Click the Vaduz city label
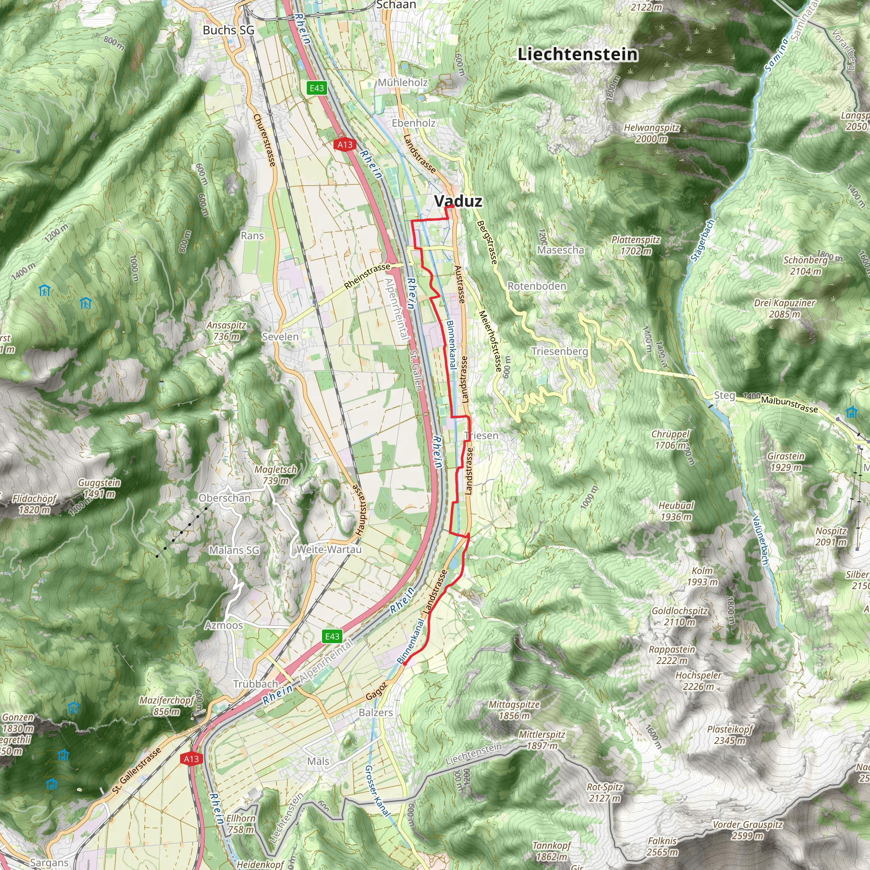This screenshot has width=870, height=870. (458, 201)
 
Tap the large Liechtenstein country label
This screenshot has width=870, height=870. (578, 54)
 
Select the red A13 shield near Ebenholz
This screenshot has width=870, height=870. (345, 144)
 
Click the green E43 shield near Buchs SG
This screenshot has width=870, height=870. (316, 88)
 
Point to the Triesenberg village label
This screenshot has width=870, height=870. (559, 351)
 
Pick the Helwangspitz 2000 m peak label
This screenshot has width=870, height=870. (651, 133)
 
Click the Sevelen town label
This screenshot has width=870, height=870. (280, 337)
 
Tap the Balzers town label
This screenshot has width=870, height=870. (376, 713)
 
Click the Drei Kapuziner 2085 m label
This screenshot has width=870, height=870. (785, 308)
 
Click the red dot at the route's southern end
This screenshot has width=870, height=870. (404, 663)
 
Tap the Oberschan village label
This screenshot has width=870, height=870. (224, 498)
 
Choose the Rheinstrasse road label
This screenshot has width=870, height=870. (367, 277)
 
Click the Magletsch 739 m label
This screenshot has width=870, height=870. (276, 475)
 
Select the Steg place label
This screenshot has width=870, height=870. (724, 395)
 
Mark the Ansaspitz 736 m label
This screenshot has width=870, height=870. (226, 330)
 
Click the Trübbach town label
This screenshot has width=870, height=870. (255, 684)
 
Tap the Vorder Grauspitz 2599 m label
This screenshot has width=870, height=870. (747, 830)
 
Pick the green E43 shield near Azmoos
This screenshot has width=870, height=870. (332, 636)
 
